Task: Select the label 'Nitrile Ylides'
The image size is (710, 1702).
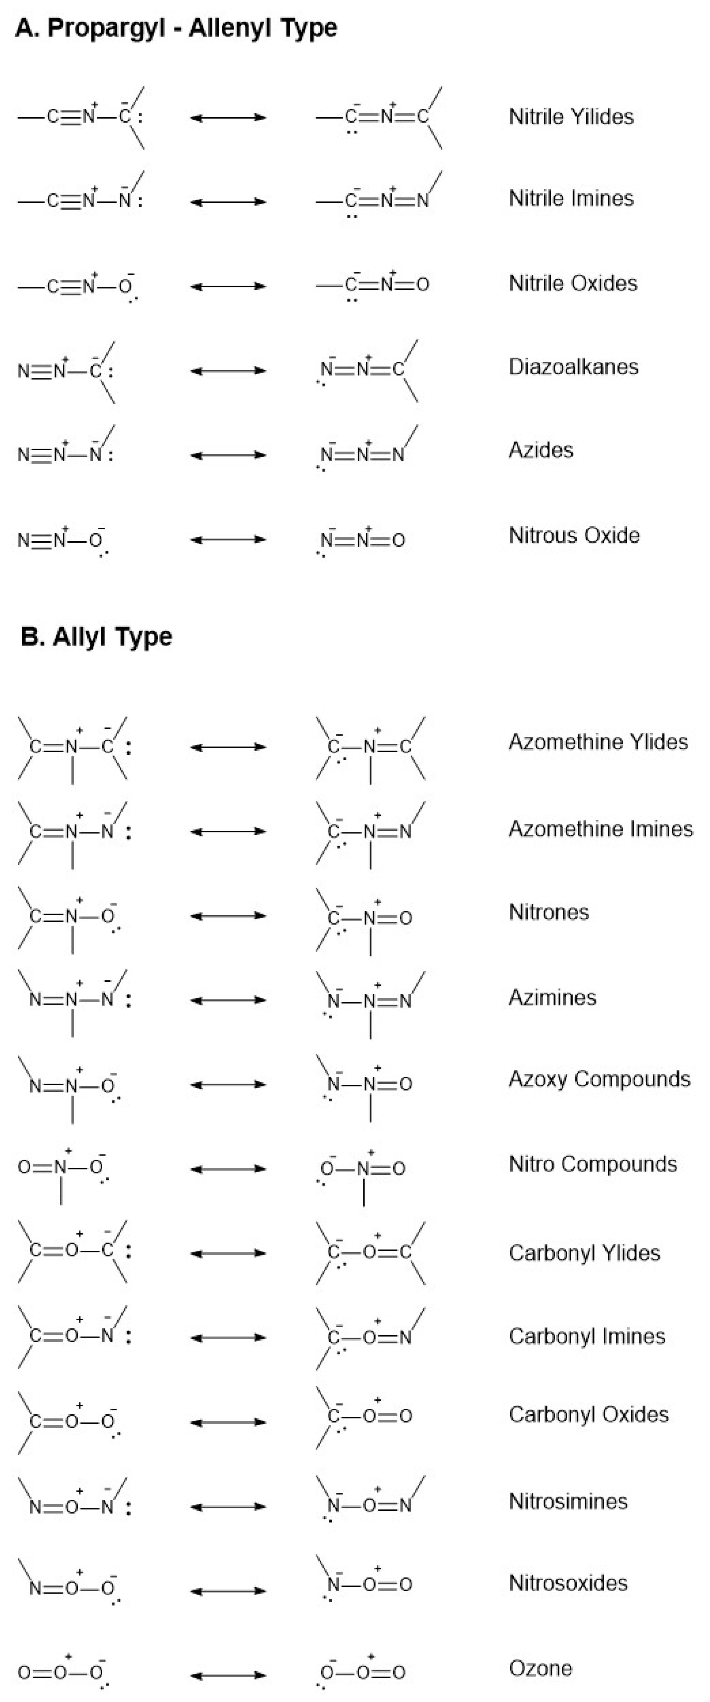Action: pyautogui.click(x=571, y=117)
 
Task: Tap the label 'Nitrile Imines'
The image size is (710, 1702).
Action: pyautogui.click(x=571, y=198)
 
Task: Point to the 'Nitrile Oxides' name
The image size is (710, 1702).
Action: pyautogui.click(x=573, y=284)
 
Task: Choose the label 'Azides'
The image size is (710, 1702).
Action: pyautogui.click(x=540, y=450)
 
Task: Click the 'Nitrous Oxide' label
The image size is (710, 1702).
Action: pyautogui.click(x=574, y=535)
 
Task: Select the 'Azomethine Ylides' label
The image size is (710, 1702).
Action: pyautogui.click(x=598, y=742)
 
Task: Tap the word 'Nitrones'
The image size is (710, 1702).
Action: pyautogui.click(x=548, y=913)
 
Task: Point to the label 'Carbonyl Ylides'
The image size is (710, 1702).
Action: pyautogui.click(x=584, y=1253)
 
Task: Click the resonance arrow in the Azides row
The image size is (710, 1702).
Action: pyautogui.click(x=228, y=455)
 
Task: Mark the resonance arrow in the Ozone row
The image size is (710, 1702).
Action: pyautogui.click(x=228, y=1675)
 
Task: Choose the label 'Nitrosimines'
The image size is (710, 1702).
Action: pyautogui.click(x=568, y=1502)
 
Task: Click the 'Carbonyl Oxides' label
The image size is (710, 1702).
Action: pyautogui.click(x=588, y=1415)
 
